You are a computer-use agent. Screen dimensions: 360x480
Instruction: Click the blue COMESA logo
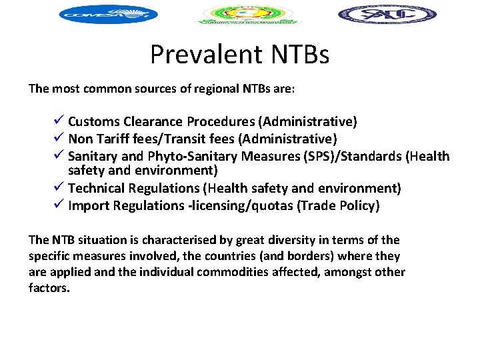tap(108, 14)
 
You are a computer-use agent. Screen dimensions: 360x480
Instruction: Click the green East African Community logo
tap(247, 14)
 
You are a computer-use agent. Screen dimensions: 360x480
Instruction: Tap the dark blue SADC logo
tap(387, 14)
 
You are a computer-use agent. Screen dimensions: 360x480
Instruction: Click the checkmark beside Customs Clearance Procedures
tap(59, 121)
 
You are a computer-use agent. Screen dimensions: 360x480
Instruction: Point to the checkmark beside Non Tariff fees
tap(59, 139)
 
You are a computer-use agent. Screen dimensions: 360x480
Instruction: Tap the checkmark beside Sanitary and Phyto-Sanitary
tap(59, 156)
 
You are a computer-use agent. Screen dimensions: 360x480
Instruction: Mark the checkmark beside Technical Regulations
tap(59, 189)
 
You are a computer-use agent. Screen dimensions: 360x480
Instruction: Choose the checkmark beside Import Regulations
tap(59, 206)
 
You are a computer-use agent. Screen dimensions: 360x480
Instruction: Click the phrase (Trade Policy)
tap(339, 206)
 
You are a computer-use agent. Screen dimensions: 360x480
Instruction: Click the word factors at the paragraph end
tap(49, 288)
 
